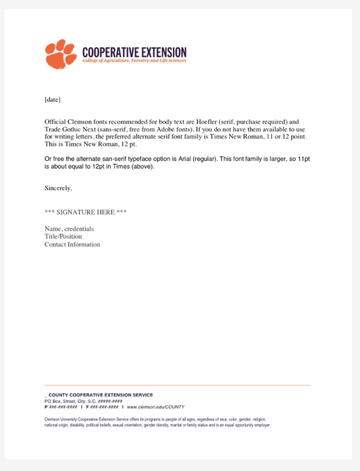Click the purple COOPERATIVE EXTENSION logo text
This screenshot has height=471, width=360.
coord(135,52)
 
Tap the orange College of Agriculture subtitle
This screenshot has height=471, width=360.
coord(134,61)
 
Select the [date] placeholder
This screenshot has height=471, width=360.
coord(52,100)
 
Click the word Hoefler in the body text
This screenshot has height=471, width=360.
coord(202,121)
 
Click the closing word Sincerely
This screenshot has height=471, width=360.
coord(58,188)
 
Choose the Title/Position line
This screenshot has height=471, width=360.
coord(63,237)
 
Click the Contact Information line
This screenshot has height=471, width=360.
coord(72,244)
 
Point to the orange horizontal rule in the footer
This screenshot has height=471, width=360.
coord(177,385)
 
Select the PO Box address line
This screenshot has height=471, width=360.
coord(83,401)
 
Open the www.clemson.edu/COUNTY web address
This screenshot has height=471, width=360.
coord(155,407)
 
